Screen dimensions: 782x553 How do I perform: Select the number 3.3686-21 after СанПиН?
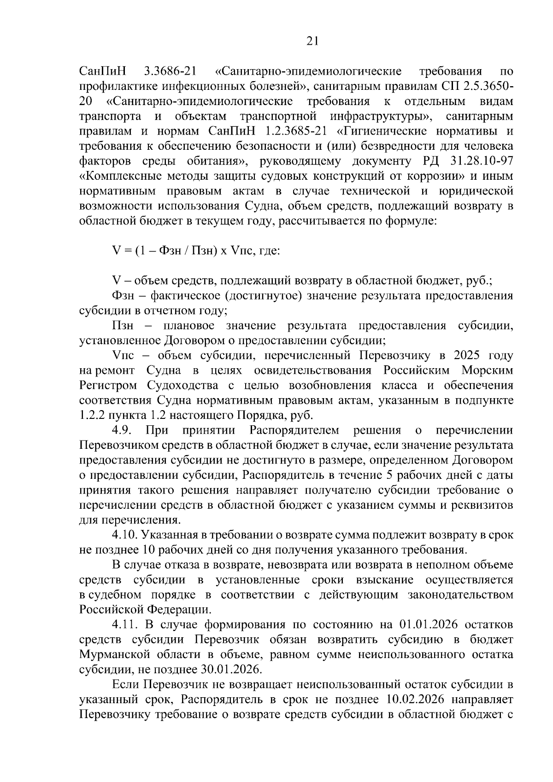(x=170, y=72)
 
